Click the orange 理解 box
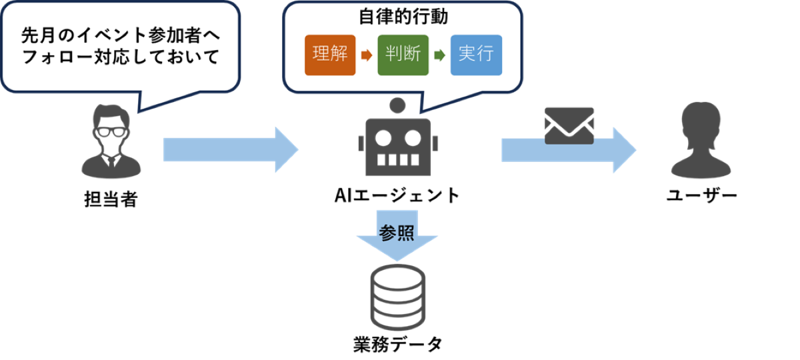(330, 55)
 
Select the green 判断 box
(403, 55)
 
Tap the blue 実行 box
(475, 55)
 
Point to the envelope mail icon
(569, 126)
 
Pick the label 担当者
(110, 199)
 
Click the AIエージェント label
(397, 195)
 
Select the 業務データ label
(397, 345)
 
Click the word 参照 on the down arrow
(397, 233)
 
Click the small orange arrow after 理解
(365, 55)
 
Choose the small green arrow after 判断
(439, 55)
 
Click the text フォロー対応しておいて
(120, 57)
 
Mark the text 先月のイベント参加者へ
(120, 33)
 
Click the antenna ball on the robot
(398, 105)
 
